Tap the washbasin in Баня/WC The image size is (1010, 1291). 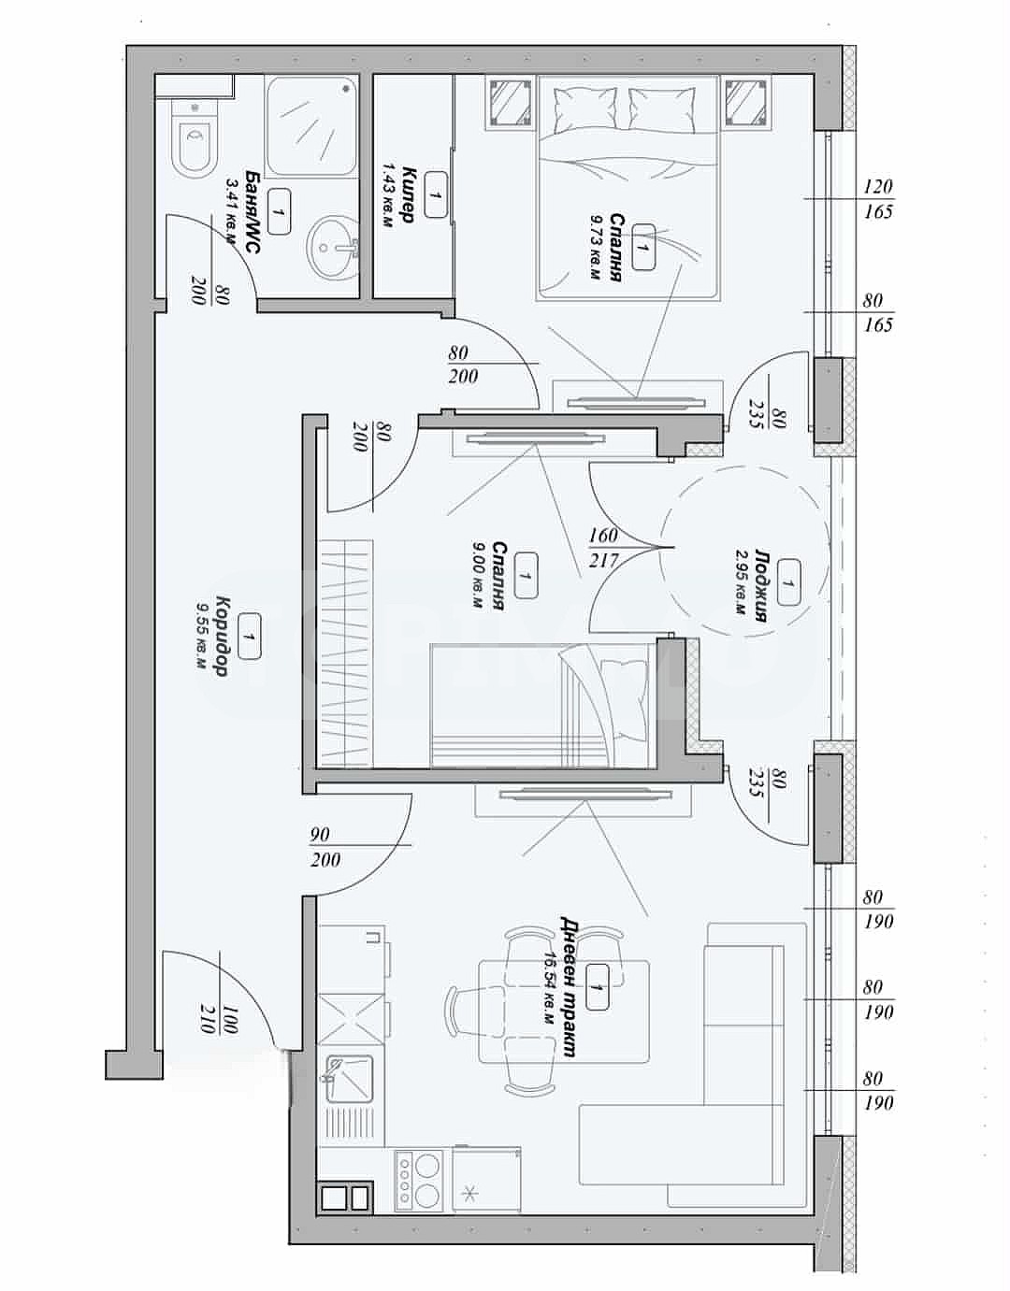pyautogui.click(x=333, y=245)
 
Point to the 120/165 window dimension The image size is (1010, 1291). pyautogui.click(x=878, y=199)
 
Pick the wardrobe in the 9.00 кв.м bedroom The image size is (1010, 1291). pyautogui.click(x=347, y=653)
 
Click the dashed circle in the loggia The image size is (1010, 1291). pyautogui.click(x=745, y=550)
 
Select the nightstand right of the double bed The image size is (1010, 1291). pyautogui.click(x=747, y=102)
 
